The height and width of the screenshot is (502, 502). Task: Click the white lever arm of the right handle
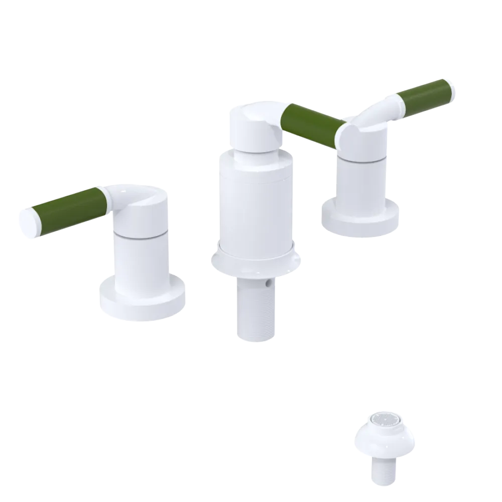point(382,113)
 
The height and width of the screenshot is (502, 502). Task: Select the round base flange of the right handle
point(360,221)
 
